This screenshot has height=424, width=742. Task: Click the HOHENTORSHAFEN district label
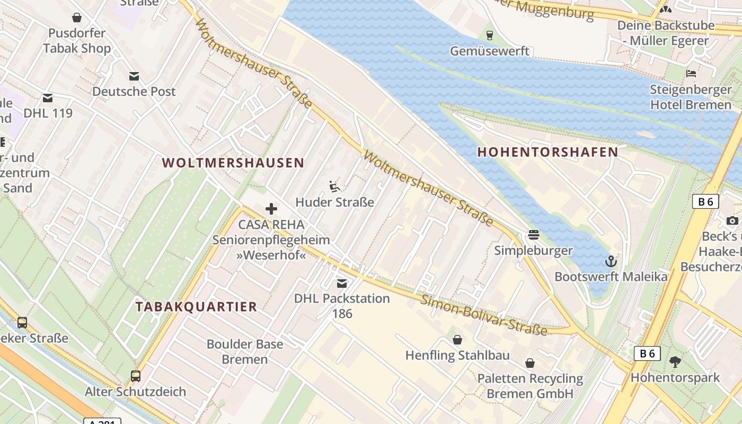[x=547, y=152]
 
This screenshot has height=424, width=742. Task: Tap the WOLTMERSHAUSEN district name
[x=233, y=163]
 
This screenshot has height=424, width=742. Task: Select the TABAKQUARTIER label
[x=196, y=306]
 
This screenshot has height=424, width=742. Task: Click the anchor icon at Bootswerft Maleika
[x=611, y=261]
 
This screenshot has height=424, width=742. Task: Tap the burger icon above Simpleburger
[x=533, y=235]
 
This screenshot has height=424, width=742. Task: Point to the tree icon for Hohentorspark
[x=675, y=362]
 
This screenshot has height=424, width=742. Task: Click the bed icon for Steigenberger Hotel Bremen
[x=691, y=73]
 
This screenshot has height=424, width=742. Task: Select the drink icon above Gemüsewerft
[x=489, y=36]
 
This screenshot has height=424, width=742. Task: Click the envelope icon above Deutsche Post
[x=134, y=76]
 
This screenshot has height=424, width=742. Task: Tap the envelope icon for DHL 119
[x=48, y=98]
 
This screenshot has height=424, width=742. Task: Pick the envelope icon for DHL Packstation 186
[x=342, y=284]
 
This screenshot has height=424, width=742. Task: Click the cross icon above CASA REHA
[x=271, y=209]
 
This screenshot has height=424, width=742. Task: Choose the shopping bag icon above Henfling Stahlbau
[x=457, y=340]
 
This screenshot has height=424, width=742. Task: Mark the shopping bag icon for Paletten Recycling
[x=529, y=363]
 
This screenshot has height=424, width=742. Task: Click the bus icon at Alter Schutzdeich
[x=136, y=376]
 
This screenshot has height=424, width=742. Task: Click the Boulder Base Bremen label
[x=244, y=351]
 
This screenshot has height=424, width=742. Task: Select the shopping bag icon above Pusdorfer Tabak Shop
[x=77, y=17]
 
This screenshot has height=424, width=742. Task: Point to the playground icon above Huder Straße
[x=334, y=187]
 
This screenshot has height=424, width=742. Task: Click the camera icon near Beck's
[x=732, y=220]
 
